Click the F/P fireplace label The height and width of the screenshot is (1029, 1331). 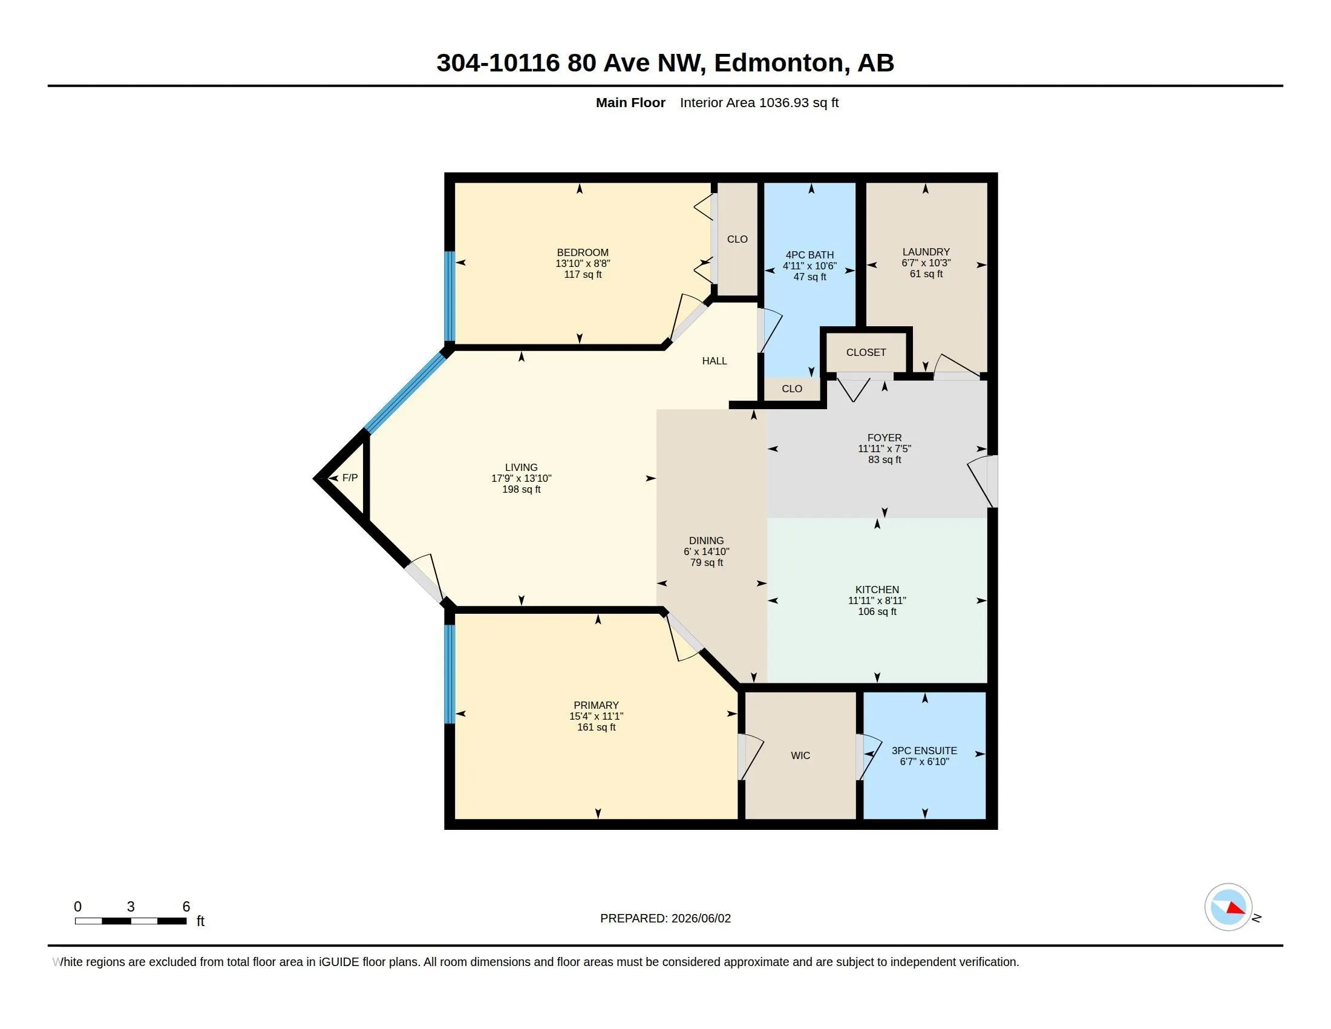350,478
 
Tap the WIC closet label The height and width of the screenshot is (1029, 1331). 800,756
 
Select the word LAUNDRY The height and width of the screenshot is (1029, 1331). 926,252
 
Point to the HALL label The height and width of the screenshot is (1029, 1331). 715,361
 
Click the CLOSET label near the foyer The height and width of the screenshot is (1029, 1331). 866,352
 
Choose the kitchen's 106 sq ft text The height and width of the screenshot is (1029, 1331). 877,611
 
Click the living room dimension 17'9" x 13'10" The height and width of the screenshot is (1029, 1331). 521,479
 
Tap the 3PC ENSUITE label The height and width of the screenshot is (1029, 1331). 924,751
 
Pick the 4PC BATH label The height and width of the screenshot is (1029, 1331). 809,255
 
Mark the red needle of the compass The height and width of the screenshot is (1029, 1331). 1236,909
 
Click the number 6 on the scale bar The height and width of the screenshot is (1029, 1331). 186,907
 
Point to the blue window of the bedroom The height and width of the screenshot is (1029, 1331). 449,296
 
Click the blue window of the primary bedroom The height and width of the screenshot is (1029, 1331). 449,674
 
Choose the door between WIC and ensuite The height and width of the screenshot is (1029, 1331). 868,757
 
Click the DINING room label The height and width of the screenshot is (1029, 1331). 706,541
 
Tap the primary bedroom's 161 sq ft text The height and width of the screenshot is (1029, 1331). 596,727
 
